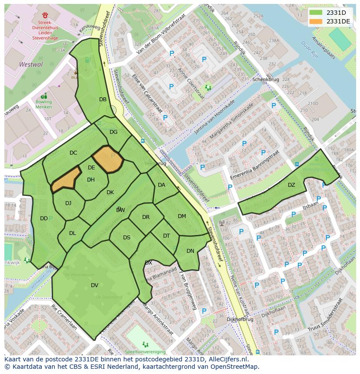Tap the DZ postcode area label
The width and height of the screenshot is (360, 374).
pos(291,185)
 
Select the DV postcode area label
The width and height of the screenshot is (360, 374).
pos(94,285)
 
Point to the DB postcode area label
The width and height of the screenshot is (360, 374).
pos(103,99)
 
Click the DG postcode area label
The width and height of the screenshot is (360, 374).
pos(113,132)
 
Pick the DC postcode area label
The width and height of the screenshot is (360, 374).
pos(73,153)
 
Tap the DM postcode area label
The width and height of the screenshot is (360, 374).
pos(182,216)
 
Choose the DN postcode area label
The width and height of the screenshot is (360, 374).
pos(190,251)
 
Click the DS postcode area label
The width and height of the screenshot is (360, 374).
pos(127,238)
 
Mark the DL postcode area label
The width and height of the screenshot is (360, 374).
pos(72,233)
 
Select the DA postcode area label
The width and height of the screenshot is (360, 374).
pos(161,185)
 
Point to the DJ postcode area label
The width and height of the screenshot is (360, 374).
pos(68,203)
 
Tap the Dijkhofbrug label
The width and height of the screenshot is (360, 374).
pos(240,319)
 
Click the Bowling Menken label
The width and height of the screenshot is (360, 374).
pos(43,104)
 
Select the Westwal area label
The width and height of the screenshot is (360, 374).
pos(31,64)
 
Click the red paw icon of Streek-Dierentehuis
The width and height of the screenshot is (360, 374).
pos(45,15)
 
